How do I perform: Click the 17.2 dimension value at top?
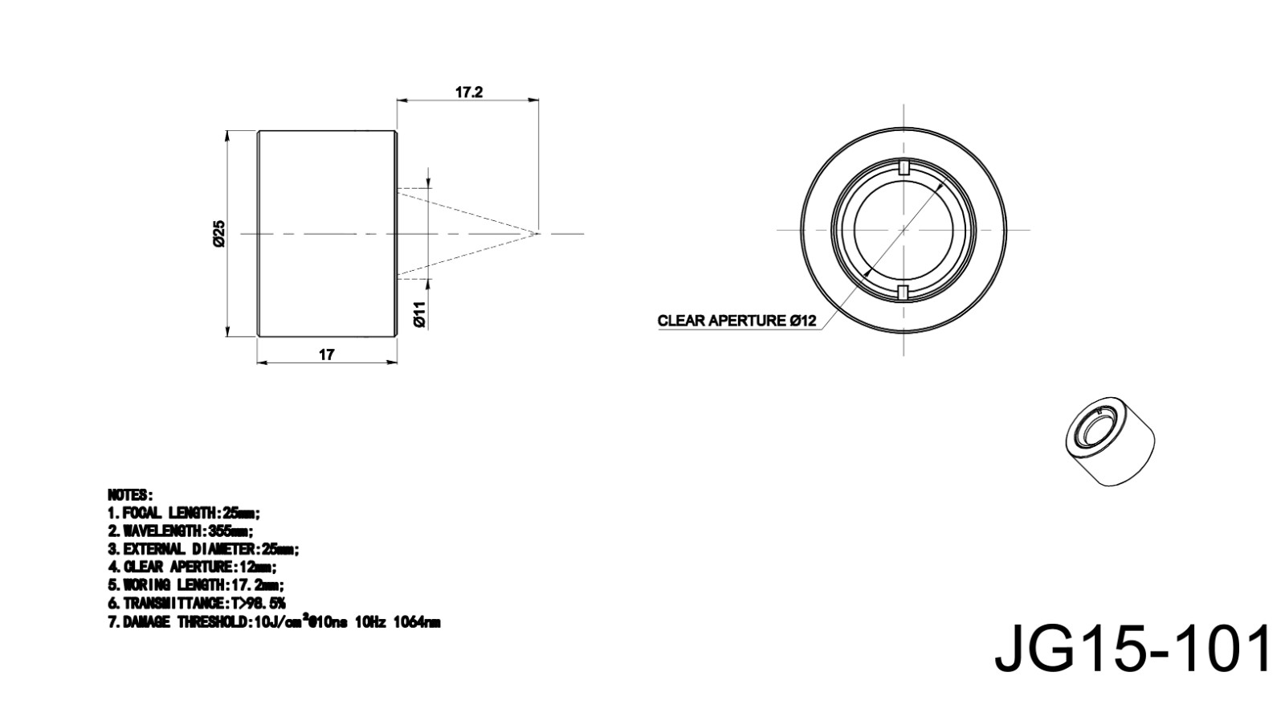tap(469, 92)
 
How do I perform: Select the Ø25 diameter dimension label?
tap(219, 234)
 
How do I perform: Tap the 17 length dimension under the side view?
tap(326, 354)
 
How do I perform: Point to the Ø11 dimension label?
tap(420, 314)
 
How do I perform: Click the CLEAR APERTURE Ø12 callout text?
tap(736, 321)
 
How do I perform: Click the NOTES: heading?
tap(130, 495)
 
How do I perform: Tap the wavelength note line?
tap(181, 531)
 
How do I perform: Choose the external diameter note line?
tap(204, 549)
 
